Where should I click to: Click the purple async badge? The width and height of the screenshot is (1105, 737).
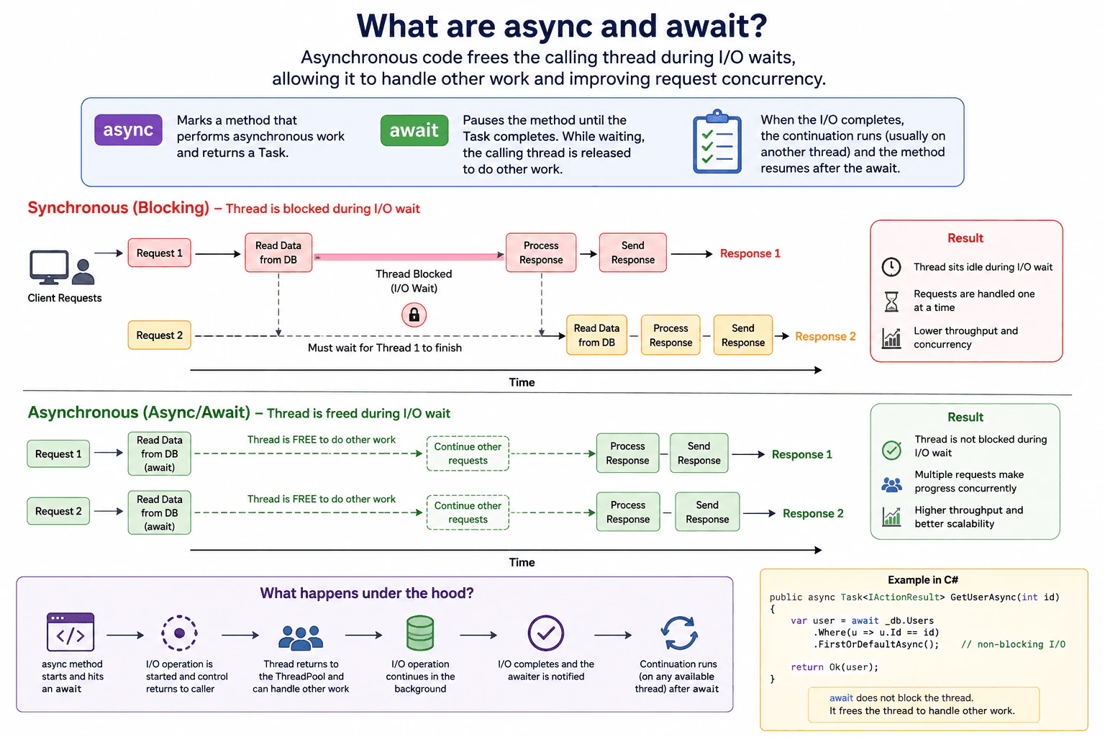(x=128, y=130)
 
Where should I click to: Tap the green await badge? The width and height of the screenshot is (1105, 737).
(x=414, y=130)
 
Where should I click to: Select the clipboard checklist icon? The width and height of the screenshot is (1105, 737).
(x=717, y=142)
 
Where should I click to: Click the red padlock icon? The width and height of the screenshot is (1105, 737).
(x=414, y=315)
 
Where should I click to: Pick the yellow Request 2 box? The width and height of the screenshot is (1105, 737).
(x=159, y=335)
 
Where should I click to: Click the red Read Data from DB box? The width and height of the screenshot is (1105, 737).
(x=278, y=253)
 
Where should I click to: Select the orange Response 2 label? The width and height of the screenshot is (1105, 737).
(x=825, y=336)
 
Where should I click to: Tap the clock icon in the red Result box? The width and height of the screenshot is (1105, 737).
(x=891, y=267)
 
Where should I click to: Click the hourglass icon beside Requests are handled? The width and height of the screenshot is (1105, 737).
(x=891, y=301)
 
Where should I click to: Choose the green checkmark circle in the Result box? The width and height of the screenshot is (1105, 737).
(x=892, y=449)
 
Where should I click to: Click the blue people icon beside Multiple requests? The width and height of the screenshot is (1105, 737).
(x=892, y=485)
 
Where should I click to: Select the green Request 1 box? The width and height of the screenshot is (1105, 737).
(x=58, y=453)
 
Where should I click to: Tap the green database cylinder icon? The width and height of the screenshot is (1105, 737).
(x=420, y=633)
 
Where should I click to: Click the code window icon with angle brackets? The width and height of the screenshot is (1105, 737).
(x=71, y=633)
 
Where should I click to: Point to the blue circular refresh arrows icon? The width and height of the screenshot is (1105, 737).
(x=680, y=633)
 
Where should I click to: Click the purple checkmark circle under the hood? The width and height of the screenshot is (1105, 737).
(x=545, y=633)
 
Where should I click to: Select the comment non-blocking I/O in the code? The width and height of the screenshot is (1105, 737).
(x=1013, y=644)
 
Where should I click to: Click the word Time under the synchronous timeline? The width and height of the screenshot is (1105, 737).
(x=522, y=382)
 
